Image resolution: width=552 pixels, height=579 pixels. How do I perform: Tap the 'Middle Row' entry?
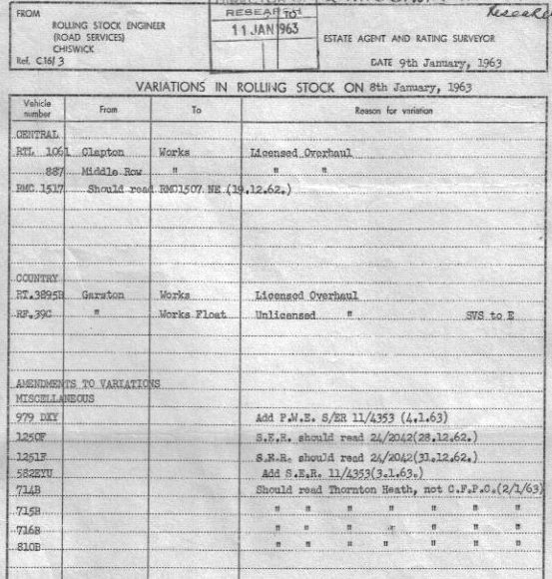click(110, 171)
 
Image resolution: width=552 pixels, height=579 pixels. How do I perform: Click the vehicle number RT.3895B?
click(41, 295)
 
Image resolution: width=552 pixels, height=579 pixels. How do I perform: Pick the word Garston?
click(103, 295)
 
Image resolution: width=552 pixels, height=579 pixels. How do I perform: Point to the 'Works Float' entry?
click(192, 313)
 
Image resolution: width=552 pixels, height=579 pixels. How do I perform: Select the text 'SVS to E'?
click(492, 313)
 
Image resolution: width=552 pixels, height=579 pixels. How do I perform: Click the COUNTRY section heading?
click(38, 278)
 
